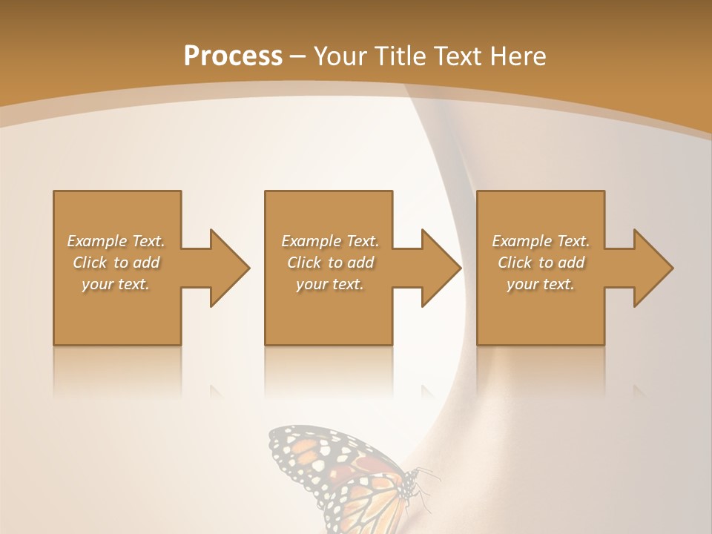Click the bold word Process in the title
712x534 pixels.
(x=233, y=56)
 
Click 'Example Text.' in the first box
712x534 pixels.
(x=116, y=241)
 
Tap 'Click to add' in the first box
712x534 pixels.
(x=116, y=263)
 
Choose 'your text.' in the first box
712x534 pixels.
(x=116, y=284)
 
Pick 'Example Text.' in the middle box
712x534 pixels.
(x=330, y=241)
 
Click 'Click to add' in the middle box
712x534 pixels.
(x=330, y=263)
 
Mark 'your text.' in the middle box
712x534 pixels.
(x=330, y=284)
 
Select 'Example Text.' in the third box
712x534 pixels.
(x=541, y=241)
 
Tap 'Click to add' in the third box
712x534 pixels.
(x=541, y=263)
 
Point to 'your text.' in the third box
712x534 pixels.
(x=541, y=284)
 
